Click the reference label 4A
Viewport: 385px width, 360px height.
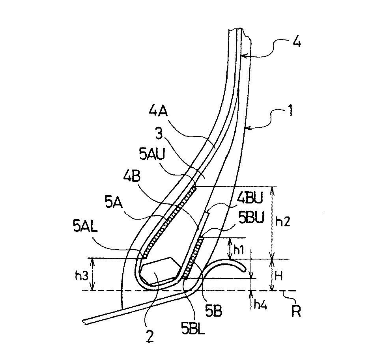click(158, 112)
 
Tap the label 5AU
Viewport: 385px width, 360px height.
click(152, 154)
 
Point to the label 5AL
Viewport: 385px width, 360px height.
click(85, 226)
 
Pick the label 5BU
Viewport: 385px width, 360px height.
click(251, 217)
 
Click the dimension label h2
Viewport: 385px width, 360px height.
click(282, 221)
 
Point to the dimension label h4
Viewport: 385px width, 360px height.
click(260, 304)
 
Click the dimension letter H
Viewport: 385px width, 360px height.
click(278, 276)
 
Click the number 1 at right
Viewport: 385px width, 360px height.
click(290, 110)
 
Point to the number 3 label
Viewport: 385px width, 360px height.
click(159, 134)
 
